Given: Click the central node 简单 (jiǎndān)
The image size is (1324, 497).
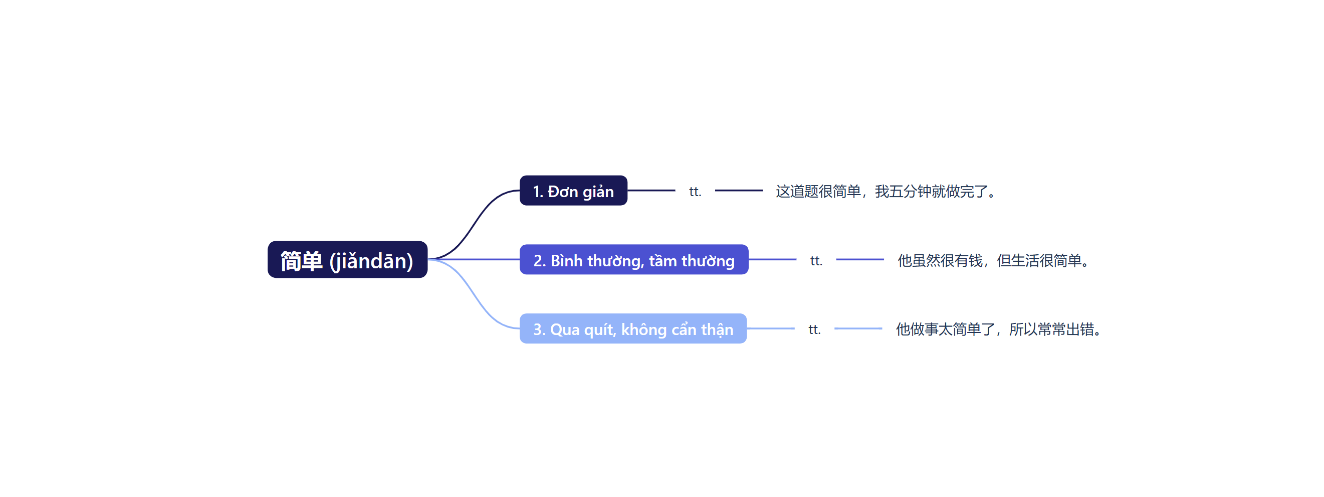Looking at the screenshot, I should pos(347,260).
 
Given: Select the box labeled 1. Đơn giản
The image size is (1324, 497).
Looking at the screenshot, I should pos(573,191).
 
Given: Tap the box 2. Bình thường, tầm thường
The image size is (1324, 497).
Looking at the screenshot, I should pos(634,260).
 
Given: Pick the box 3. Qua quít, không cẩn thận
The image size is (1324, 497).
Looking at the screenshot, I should pos(633,329).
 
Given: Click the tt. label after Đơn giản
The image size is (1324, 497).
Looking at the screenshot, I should pos(695,192).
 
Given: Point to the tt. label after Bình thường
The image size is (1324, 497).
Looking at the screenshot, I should pos(816,260).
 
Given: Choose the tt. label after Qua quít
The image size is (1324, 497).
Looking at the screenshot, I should pos(814,329).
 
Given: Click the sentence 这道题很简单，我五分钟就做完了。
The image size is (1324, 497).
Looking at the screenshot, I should pos(887,192).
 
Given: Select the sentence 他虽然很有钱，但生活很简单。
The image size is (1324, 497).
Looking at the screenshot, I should pos(994,260).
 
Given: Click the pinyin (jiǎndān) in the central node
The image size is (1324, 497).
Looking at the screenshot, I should pos(371,261).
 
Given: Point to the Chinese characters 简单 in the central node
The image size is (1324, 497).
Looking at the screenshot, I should pos(301,261).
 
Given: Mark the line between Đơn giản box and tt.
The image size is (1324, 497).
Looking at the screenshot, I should pos(651,191).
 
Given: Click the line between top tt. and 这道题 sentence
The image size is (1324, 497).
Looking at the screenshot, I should pos(739,191).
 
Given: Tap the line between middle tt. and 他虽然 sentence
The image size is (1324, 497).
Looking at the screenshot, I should pos(860,259).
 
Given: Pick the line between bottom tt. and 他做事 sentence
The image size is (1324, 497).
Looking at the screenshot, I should pos(858,328).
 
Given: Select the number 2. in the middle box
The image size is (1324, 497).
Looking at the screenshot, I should pos(539,261).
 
